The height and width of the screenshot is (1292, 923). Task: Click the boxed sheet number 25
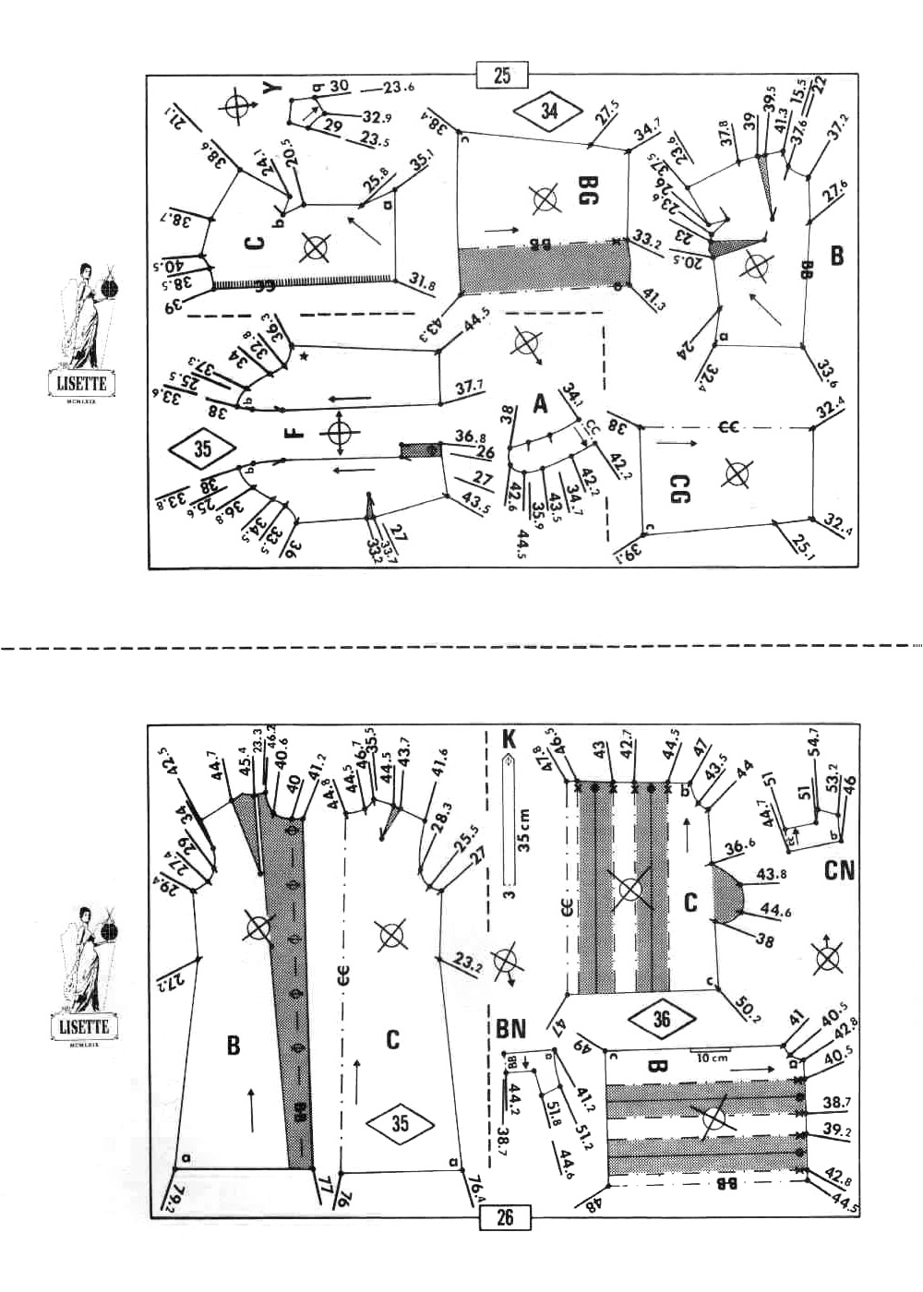(502, 75)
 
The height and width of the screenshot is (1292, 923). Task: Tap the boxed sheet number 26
(504, 1217)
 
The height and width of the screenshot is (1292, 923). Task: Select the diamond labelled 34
(549, 111)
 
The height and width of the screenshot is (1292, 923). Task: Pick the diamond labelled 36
(661, 1019)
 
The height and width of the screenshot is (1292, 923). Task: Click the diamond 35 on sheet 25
(203, 449)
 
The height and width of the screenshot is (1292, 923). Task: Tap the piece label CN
(839, 869)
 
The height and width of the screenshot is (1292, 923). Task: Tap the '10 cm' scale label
(712, 1058)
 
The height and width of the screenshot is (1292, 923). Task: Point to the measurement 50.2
(746, 1000)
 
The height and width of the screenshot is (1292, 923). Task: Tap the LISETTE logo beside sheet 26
(83, 1026)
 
